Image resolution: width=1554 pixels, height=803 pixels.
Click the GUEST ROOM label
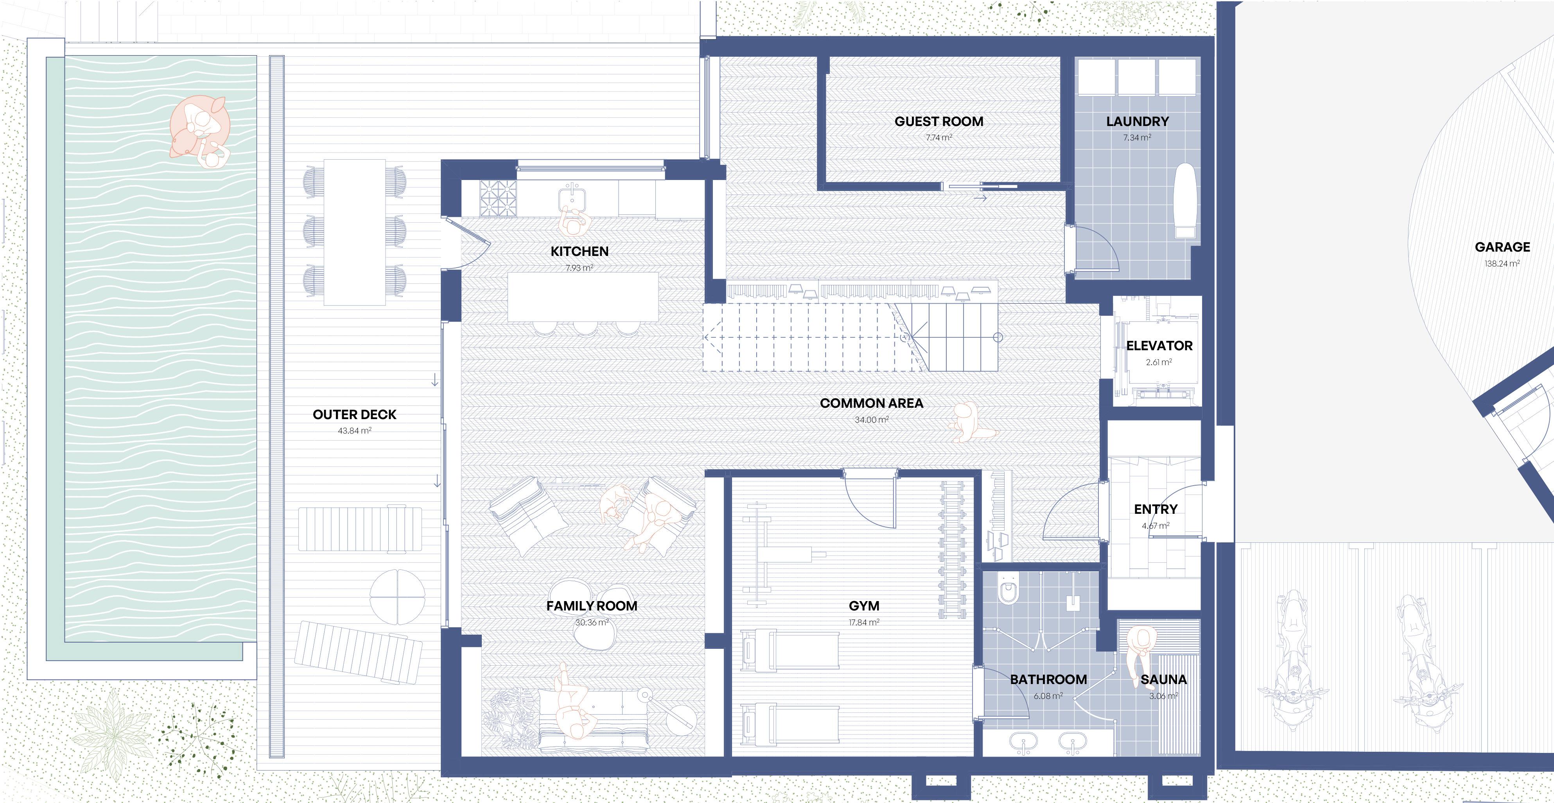[x=939, y=121]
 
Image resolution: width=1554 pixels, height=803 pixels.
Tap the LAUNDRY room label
[x=1137, y=121]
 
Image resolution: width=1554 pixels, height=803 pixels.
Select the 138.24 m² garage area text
[x=1502, y=263]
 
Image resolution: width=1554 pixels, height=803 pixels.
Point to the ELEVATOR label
[x=1159, y=346]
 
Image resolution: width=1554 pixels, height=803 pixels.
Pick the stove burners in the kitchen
[x=499, y=199]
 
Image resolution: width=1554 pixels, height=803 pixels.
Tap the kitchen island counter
[x=583, y=297]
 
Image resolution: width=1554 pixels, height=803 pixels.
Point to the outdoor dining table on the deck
[x=355, y=232]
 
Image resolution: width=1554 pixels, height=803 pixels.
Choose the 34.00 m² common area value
[x=871, y=420]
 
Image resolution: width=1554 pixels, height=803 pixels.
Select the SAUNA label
[x=1164, y=680]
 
